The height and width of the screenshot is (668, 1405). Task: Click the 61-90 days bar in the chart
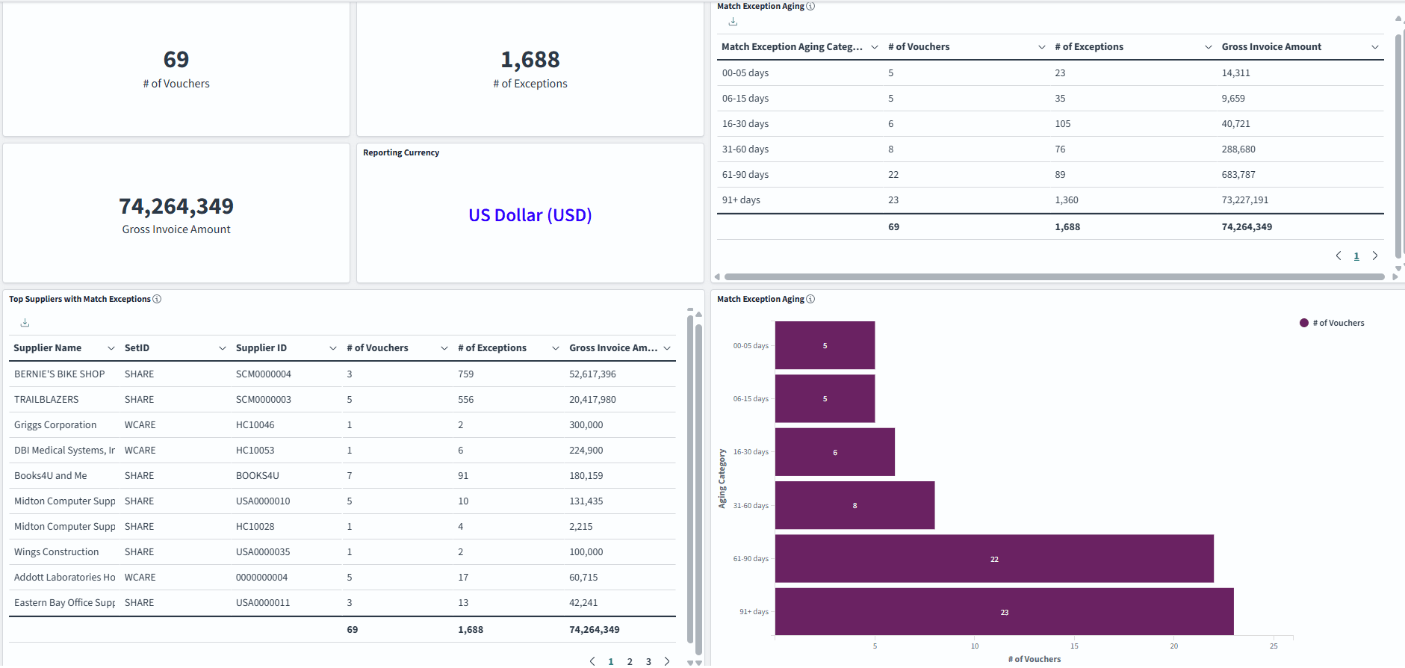tap(993, 558)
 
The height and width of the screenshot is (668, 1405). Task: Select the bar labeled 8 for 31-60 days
tap(855, 505)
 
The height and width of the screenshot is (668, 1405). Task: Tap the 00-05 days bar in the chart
tap(825, 345)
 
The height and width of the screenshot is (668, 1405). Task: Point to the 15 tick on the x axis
tap(1074, 646)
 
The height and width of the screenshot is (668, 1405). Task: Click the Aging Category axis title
tap(722, 478)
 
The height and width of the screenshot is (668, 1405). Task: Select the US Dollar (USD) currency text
tap(530, 215)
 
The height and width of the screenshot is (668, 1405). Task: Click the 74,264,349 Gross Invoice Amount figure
tap(176, 206)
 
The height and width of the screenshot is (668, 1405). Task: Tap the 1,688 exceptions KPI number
tap(530, 60)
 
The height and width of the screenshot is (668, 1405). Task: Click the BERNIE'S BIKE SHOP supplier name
tap(59, 374)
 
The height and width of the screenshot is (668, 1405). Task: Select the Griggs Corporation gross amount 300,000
tap(586, 425)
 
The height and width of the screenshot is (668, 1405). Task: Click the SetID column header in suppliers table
tap(137, 348)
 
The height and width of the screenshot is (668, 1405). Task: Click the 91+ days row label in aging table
tap(741, 200)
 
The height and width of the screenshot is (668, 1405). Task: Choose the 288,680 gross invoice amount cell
tap(1238, 149)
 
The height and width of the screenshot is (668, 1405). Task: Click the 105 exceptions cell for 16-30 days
tap(1062, 124)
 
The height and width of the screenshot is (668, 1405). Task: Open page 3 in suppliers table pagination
tap(648, 661)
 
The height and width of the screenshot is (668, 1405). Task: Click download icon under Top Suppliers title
tap(25, 323)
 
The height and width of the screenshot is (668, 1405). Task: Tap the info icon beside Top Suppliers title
tap(157, 299)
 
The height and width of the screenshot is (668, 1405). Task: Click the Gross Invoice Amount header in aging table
tap(1271, 47)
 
